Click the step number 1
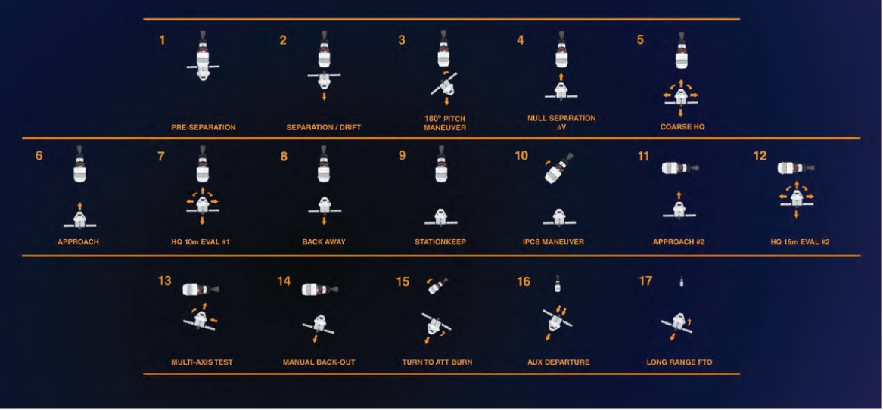point(162,40)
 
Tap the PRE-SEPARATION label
point(204,127)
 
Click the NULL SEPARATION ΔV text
point(561,123)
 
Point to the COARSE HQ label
point(682,127)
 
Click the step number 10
point(521,155)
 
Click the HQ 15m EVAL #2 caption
point(800,242)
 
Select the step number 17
point(645,281)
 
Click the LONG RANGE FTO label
point(679,362)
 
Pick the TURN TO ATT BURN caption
point(437,362)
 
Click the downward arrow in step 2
point(324,96)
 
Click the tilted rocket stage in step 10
point(558,167)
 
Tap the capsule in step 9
point(442,217)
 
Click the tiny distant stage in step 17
point(682,282)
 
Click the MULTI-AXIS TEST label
point(201,362)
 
